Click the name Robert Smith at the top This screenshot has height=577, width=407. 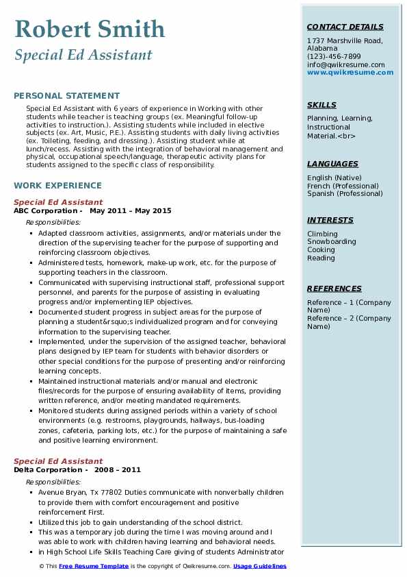click(90, 29)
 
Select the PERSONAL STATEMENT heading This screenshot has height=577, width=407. click(66, 96)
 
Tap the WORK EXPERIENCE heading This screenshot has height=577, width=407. click(57, 186)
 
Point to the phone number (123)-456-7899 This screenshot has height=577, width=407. click(334, 57)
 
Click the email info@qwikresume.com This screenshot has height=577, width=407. click(346, 64)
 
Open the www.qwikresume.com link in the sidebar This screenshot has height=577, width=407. click(350, 73)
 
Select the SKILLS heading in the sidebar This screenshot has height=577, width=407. click(321, 106)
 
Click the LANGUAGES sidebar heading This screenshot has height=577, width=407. click(332, 164)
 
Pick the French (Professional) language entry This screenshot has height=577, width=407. click(343, 186)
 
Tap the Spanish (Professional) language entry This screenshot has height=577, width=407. click(345, 194)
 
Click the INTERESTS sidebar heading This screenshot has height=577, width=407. click(330, 221)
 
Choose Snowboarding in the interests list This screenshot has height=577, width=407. click(332, 242)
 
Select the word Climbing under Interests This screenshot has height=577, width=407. click(322, 234)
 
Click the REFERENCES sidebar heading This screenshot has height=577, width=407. click(334, 289)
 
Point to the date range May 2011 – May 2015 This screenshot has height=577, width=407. click(131, 211)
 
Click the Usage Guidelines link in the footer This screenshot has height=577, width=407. click(260, 566)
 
